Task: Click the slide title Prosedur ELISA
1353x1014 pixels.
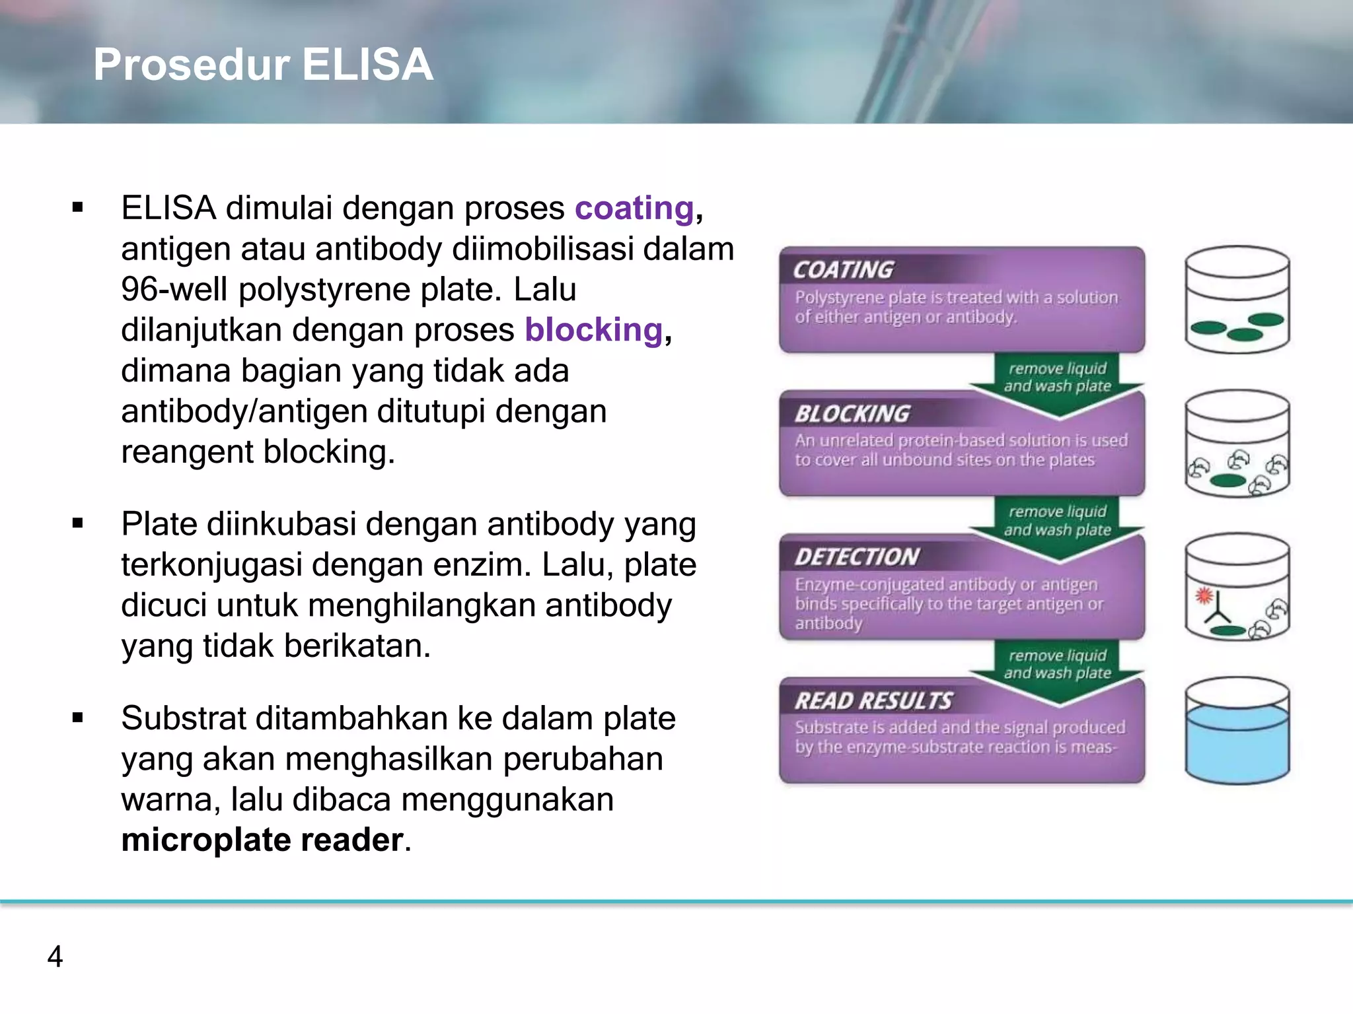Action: [263, 65]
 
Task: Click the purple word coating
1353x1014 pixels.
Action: [634, 209]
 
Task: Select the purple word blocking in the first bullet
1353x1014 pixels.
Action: [593, 330]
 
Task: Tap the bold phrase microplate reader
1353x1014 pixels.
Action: [262, 840]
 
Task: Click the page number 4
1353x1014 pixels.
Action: [55, 957]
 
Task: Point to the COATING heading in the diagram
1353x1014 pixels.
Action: [843, 270]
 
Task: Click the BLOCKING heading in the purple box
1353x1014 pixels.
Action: [852, 414]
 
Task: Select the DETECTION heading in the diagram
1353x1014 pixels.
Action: [857, 557]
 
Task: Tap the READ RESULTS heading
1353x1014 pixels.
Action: [873, 701]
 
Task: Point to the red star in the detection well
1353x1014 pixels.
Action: [1204, 596]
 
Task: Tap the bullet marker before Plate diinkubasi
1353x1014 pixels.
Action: [78, 524]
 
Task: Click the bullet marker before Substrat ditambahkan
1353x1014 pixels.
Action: [78, 718]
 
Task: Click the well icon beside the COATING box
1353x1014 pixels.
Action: [1237, 300]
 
